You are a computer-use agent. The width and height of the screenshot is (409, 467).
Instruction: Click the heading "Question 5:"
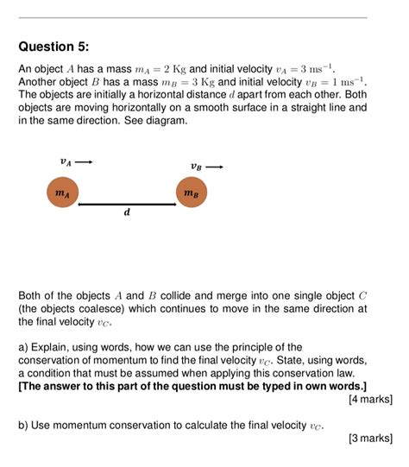click(x=53, y=47)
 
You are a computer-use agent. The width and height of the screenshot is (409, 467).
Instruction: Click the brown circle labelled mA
click(x=62, y=194)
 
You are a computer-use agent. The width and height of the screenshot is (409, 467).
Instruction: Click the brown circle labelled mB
click(x=192, y=194)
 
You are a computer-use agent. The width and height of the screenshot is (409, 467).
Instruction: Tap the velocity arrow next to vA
click(x=84, y=161)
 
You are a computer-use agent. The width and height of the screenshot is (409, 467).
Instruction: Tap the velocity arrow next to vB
click(x=215, y=167)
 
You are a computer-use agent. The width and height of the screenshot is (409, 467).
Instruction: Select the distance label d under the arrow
click(x=127, y=213)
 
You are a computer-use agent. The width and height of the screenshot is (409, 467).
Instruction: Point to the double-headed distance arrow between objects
click(x=127, y=205)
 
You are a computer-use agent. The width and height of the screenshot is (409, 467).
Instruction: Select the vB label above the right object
click(x=197, y=167)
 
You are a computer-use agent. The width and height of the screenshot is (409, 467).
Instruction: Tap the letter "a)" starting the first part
click(x=24, y=347)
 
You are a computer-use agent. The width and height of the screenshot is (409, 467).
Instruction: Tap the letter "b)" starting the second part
click(x=24, y=426)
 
